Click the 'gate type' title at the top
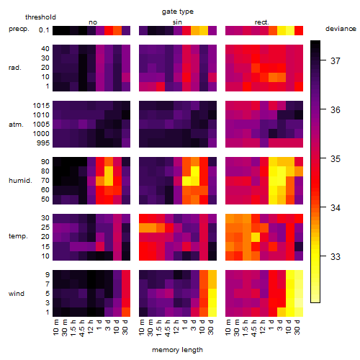tap(178, 12)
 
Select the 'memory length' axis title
tap(177, 350)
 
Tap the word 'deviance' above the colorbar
tap(341, 29)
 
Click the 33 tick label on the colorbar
tap(336, 257)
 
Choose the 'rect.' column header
tap(262, 22)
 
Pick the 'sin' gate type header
tap(177, 22)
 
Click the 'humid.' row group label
tap(20, 181)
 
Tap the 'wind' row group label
tap(17, 294)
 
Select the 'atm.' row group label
tap(16, 125)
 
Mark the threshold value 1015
tap(41, 106)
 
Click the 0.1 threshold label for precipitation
tap(44, 30)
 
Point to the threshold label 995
tap(43, 143)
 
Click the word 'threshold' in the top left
tap(40, 17)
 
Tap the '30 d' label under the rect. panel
tap(297, 327)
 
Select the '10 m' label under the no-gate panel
tap(55, 328)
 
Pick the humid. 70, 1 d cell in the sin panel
tap(186, 181)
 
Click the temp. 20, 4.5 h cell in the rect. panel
tap(256, 237)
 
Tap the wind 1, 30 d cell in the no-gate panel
tap(126, 312)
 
